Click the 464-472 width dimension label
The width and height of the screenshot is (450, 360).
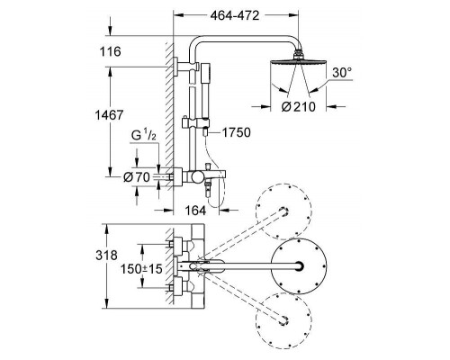[234, 15]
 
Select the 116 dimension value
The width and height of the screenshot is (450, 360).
[111, 51]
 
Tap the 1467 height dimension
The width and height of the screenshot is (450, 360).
[109, 115]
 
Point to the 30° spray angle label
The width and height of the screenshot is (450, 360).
[342, 73]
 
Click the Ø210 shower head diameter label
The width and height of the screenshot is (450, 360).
[299, 106]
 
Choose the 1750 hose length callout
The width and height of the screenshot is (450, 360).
[236, 132]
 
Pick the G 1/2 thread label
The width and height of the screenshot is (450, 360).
[144, 136]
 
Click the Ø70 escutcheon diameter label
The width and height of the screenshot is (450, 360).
[137, 177]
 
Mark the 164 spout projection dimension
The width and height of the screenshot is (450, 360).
[195, 211]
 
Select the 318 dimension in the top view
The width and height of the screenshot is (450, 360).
[107, 256]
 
